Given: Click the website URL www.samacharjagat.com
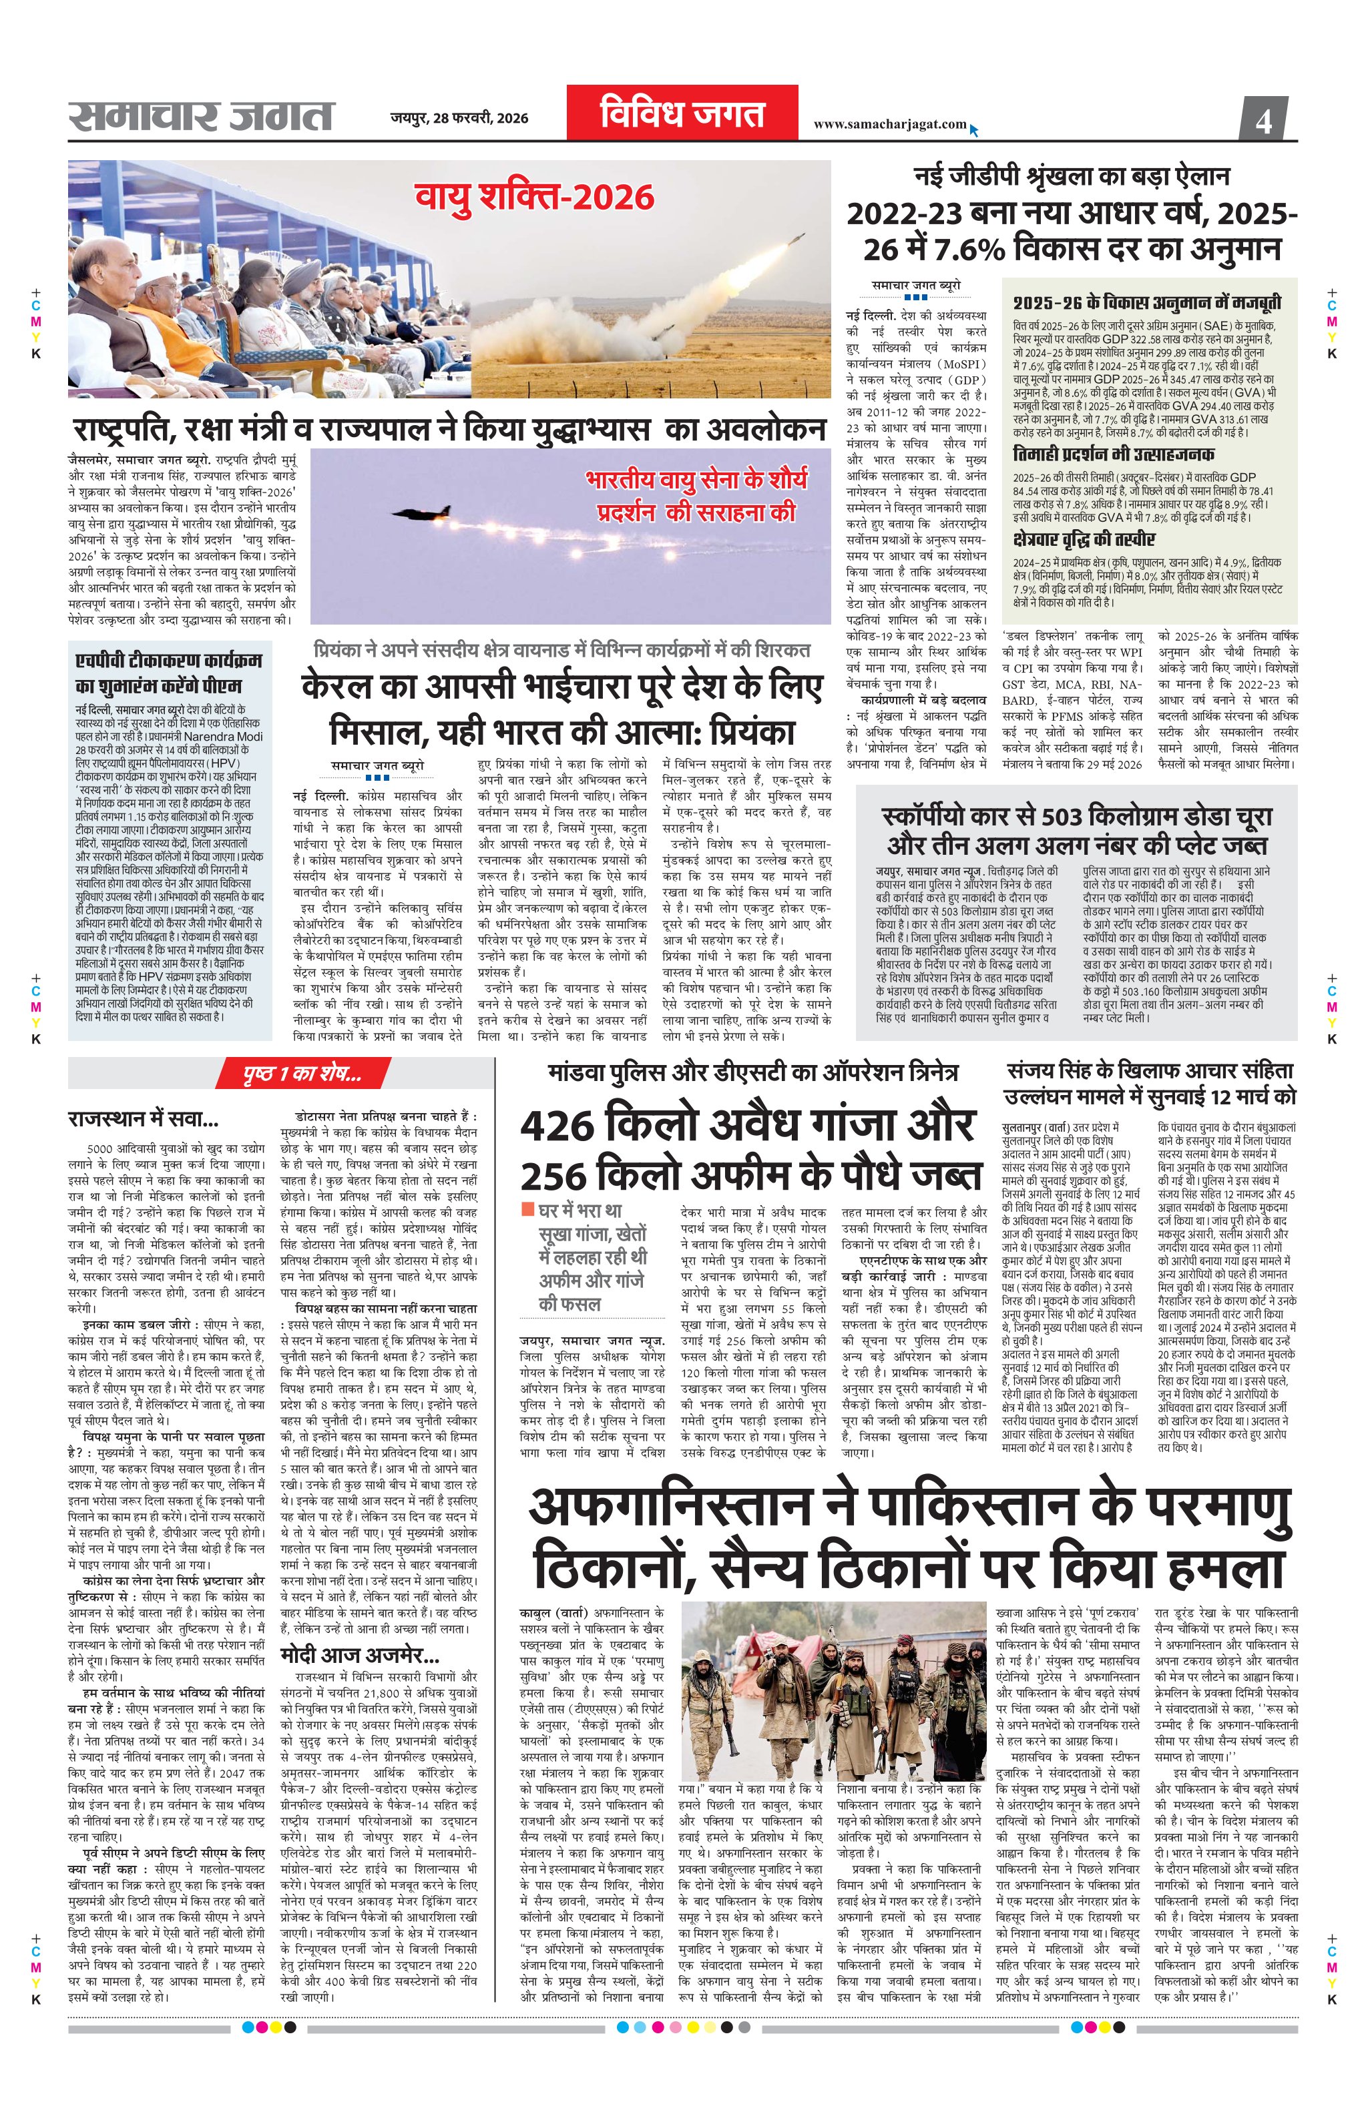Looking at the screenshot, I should click(890, 124).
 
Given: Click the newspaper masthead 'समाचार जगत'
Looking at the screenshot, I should click(202, 115).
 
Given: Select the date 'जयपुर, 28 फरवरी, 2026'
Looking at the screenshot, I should click(459, 118).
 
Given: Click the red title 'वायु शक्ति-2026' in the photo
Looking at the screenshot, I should click(535, 198).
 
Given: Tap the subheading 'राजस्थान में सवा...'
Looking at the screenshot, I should click(143, 1119).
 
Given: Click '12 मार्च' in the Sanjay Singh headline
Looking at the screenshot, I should click(1236, 1096).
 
